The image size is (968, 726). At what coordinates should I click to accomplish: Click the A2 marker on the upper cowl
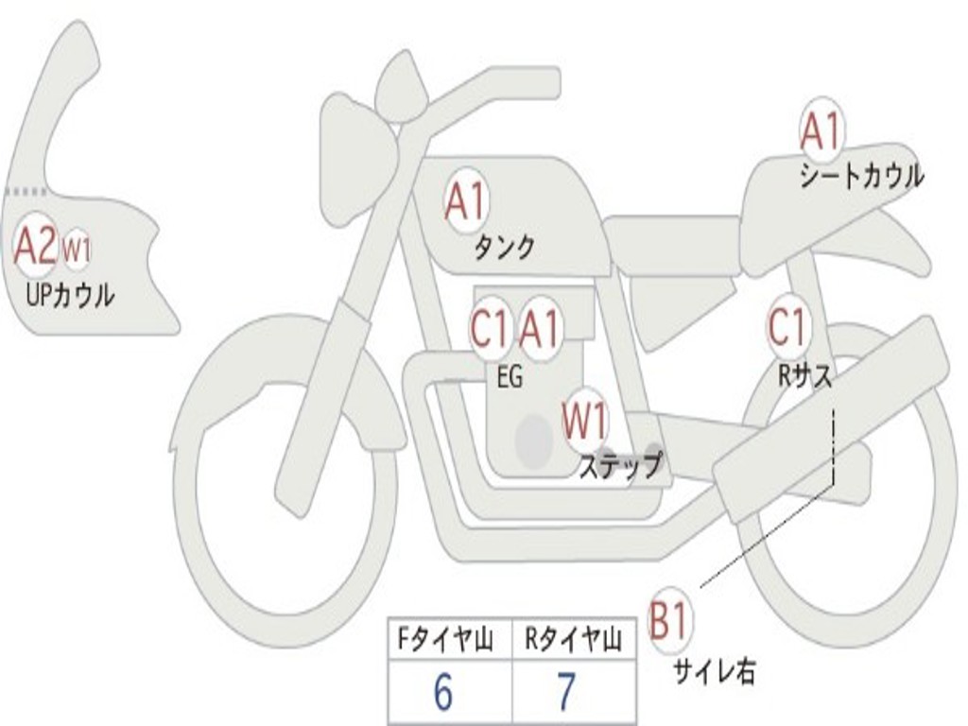(35, 248)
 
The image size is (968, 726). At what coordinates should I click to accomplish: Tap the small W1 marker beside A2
(77, 251)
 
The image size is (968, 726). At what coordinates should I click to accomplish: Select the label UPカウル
(71, 295)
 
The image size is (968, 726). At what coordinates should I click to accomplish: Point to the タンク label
(504, 248)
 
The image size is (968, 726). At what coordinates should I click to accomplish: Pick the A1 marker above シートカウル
(821, 131)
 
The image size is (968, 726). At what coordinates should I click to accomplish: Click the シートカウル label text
(861, 176)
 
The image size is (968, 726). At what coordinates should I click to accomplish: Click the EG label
(510, 377)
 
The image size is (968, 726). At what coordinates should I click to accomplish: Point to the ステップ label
(619, 466)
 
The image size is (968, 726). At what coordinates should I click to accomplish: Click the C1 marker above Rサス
(786, 327)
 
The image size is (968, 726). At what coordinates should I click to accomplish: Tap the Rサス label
(804, 375)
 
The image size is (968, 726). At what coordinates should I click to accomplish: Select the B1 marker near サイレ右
(670, 622)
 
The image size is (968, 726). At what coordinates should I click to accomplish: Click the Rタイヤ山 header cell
(573, 640)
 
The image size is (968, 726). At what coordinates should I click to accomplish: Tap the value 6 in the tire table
(442, 693)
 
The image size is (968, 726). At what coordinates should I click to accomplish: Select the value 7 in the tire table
(565, 693)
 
